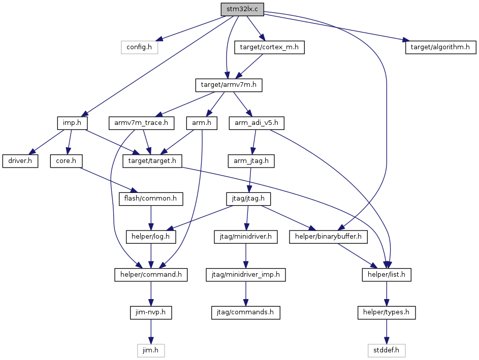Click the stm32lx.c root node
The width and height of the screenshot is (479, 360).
(242, 9)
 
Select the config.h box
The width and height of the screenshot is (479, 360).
(139, 47)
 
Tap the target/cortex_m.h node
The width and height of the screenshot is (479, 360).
(269, 47)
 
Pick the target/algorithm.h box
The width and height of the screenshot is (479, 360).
(440, 47)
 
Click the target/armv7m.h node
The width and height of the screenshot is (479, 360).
(229, 85)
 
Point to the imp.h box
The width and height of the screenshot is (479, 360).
(72, 123)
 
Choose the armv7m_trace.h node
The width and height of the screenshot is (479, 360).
(141, 123)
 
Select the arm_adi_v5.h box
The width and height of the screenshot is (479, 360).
(257, 123)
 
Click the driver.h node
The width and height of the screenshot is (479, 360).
(20, 161)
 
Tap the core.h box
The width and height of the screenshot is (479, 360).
(67, 161)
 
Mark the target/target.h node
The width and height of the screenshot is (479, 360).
(152, 161)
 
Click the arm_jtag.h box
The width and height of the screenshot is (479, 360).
(251, 161)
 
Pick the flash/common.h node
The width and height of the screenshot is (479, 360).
(150, 199)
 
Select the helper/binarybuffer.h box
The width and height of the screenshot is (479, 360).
(329, 237)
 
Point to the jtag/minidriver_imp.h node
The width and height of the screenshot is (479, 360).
(246, 275)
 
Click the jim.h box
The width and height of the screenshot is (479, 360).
(150, 350)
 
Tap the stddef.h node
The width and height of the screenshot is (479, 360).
(387, 350)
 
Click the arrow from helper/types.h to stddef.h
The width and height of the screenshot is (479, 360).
(387, 332)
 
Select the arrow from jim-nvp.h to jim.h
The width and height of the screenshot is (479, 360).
(150, 332)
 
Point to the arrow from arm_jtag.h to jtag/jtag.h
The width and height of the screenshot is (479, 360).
(250, 180)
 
